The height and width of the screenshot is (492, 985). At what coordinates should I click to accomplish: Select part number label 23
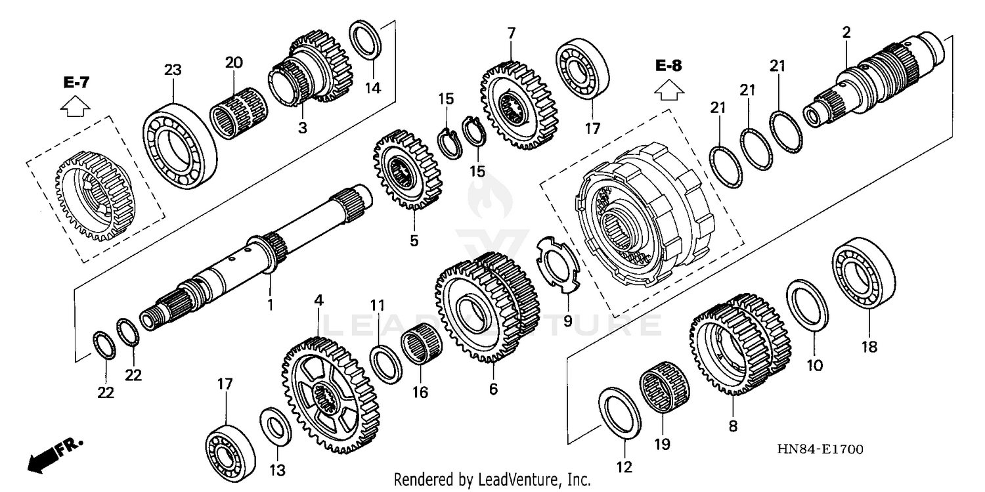pyautogui.click(x=172, y=70)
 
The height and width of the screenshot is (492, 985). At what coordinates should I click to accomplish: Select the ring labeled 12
pyautogui.click(x=621, y=413)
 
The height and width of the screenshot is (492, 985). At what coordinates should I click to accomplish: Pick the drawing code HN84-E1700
pyautogui.click(x=820, y=449)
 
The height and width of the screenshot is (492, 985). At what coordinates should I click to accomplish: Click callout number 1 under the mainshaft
pyautogui.click(x=269, y=305)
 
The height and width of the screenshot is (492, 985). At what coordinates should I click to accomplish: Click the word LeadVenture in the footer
pyautogui.click(x=523, y=480)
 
